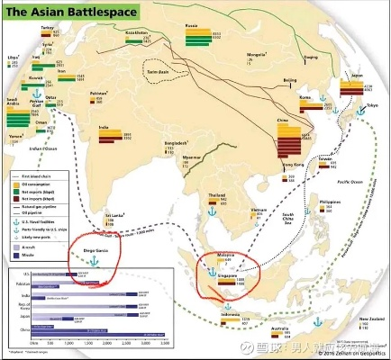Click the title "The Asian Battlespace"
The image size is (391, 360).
67,12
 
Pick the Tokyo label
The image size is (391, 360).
372,106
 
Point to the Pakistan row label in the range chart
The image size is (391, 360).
20,282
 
